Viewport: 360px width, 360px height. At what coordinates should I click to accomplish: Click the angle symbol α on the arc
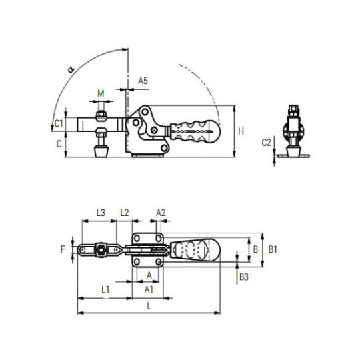coord(71,69)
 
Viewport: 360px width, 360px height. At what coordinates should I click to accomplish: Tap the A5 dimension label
coord(143,81)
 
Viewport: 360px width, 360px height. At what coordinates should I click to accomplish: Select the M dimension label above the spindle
coord(101,93)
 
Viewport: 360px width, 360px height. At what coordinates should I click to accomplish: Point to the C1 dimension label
coord(59,123)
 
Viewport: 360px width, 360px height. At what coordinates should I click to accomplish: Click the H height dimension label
coord(241,131)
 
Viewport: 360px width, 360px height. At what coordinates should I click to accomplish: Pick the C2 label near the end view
coord(266,143)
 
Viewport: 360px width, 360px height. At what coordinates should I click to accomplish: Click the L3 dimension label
coord(101,213)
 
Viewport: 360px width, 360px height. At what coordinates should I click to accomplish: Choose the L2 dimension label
coord(125,213)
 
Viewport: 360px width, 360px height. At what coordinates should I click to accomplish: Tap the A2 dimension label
coord(161,213)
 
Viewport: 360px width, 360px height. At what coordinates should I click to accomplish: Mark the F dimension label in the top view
coord(63,249)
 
